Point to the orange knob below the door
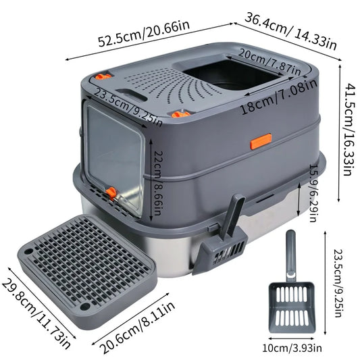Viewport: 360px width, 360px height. pos(111,194)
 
